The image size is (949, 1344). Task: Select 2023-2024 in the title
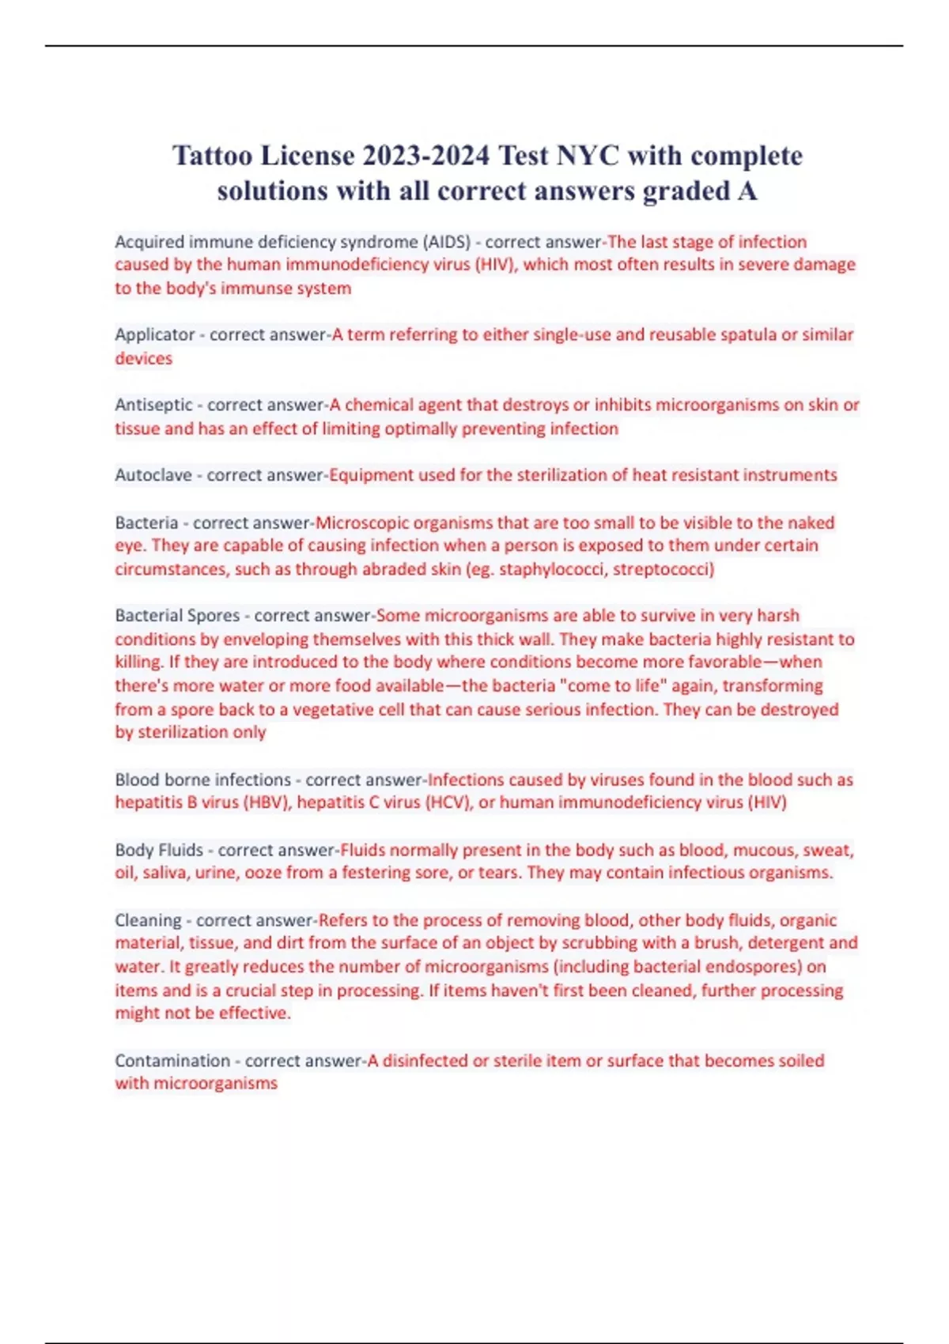pos(426,156)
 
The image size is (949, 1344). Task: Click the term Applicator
pos(155,335)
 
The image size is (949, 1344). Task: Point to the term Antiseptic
pos(153,406)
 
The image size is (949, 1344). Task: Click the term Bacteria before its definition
pos(146,523)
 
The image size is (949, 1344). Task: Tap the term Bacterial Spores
pos(177,616)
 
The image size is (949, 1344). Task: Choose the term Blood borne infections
pos(203,780)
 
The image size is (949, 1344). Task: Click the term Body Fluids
pos(159,851)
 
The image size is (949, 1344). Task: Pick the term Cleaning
pos(148,921)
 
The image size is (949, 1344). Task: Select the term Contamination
pos(172,1061)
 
